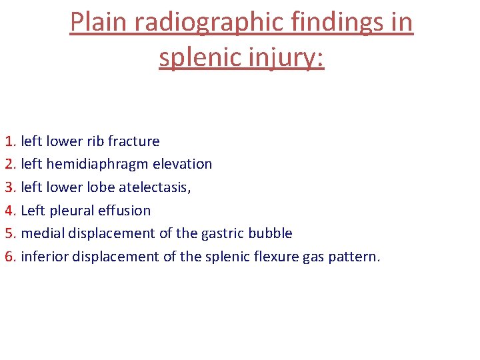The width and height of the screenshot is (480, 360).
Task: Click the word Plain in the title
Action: point(99,23)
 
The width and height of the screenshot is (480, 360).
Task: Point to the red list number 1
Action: point(9,141)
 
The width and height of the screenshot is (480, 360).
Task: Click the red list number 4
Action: point(9,211)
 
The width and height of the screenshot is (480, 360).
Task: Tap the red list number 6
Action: point(9,257)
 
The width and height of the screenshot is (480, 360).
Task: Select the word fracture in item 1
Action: point(134,141)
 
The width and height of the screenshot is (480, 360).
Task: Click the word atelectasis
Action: point(155,187)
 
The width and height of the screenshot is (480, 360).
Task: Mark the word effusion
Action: point(125,211)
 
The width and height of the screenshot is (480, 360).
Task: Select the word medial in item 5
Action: point(42,233)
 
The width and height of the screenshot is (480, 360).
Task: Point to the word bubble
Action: point(271,233)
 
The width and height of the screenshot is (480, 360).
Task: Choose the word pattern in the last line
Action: point(354,257)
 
